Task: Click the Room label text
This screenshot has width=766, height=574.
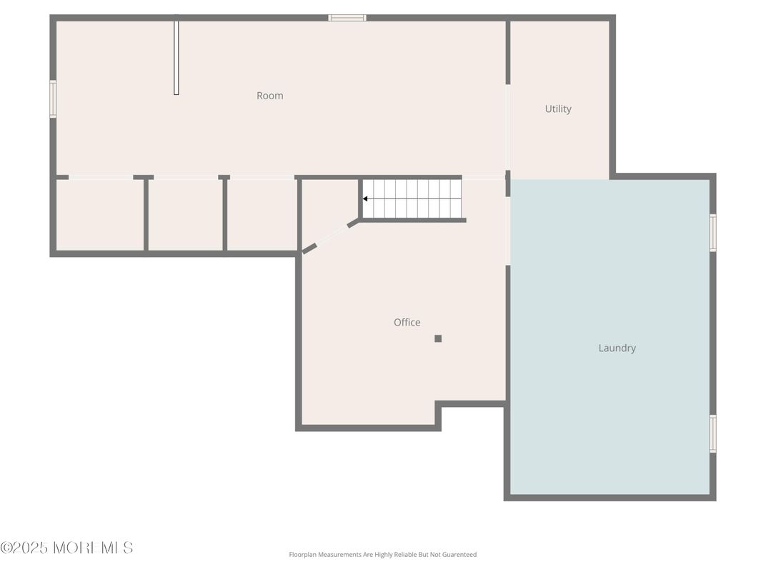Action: point(269,96)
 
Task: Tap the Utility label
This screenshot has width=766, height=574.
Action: point(558,109)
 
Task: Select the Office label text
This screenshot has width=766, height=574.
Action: point(407,323)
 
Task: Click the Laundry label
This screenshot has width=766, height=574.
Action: point(617,348)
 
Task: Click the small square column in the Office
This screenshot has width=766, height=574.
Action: point(438,338)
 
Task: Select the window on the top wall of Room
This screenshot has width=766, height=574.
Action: point(347,18)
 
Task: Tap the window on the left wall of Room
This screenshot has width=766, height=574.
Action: point(53,99)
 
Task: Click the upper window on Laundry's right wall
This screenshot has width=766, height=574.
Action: point(712,233)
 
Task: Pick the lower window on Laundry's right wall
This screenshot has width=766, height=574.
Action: point(712,433)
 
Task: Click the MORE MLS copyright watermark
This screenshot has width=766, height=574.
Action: point(66,548)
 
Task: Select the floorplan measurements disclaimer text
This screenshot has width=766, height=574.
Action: point(382,555)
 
